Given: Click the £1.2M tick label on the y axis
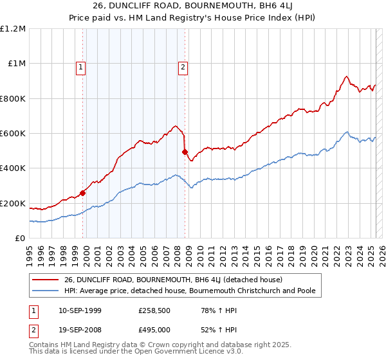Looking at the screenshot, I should point(13,29).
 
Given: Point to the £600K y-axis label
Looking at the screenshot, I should point(13,134).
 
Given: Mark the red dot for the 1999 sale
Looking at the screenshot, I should point(82,193).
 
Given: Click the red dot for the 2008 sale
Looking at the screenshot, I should point(185,152).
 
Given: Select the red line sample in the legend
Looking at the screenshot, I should point(46,280).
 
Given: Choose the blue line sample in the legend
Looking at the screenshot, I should point(46,291).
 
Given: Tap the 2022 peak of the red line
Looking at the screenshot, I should point(346,76).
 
